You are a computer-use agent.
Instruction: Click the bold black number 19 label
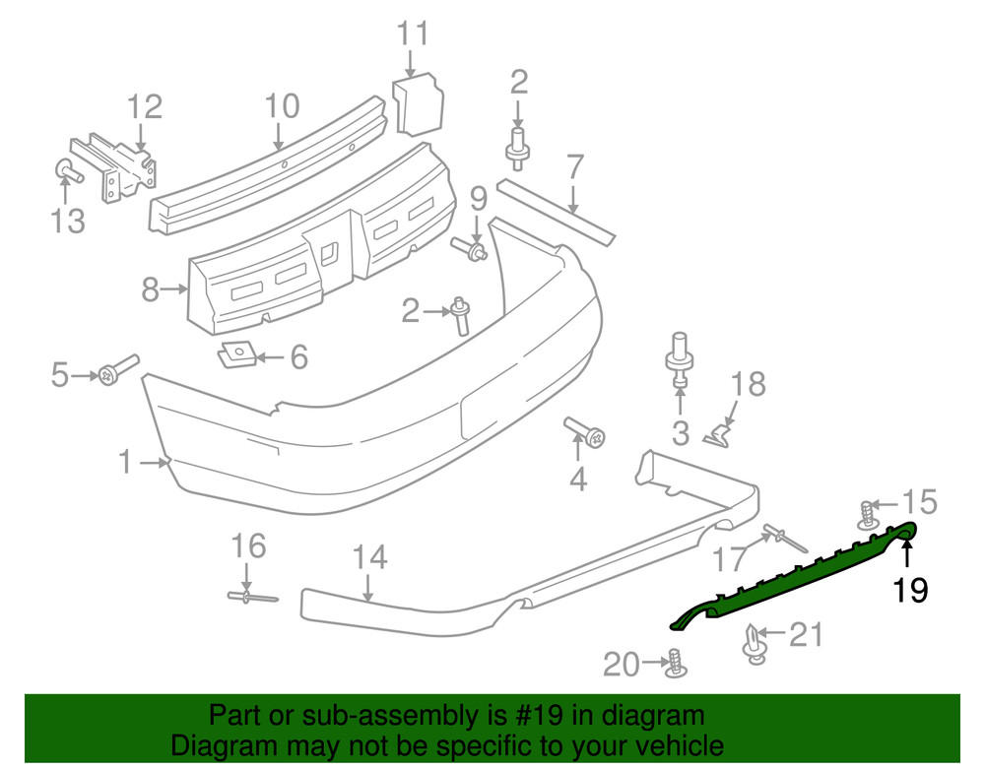[x=911, y=590]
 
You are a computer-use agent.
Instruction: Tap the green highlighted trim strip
[x=788, y=582]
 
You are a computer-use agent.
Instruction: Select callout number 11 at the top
[x=414, y=33]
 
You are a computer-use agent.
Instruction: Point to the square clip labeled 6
[x=236, y=352]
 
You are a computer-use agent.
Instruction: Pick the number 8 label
[x=150, y=289]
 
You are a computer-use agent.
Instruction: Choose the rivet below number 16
[x=251, y=596]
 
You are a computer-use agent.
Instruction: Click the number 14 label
[x=369, y=559]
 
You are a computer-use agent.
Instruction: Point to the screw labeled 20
[x=675, y=663]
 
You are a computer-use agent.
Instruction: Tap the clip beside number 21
[x=754, y=643]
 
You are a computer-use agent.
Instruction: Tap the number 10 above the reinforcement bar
[x=282, y=105]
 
